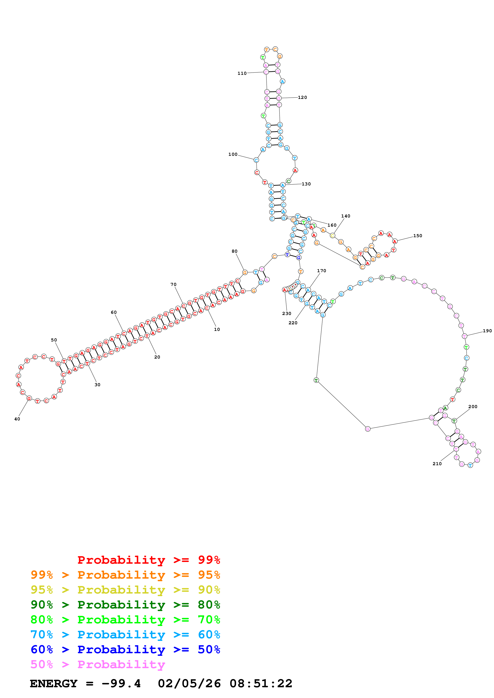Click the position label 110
242,73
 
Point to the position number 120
302,97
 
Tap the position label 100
233,154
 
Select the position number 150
418,236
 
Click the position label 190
487,331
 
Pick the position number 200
473,407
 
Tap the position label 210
437,464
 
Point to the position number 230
287,313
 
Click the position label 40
17,419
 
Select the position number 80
234,251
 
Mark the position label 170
321,271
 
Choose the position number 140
346,216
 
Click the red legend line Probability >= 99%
148,560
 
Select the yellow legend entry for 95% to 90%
125,590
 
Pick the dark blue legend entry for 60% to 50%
125,649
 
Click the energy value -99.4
121,683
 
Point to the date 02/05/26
189,683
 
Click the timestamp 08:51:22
261,683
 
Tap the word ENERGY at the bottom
54,683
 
